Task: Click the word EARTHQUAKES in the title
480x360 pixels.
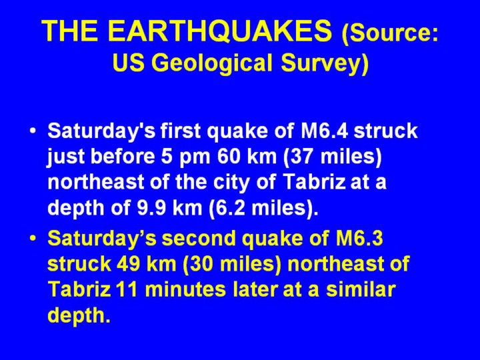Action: (x=220, y=31)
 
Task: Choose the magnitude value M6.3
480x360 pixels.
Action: (x=359, y=238)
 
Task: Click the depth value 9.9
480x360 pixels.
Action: (x=151, y=207)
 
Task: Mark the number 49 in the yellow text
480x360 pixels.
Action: (x=129, y=263)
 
